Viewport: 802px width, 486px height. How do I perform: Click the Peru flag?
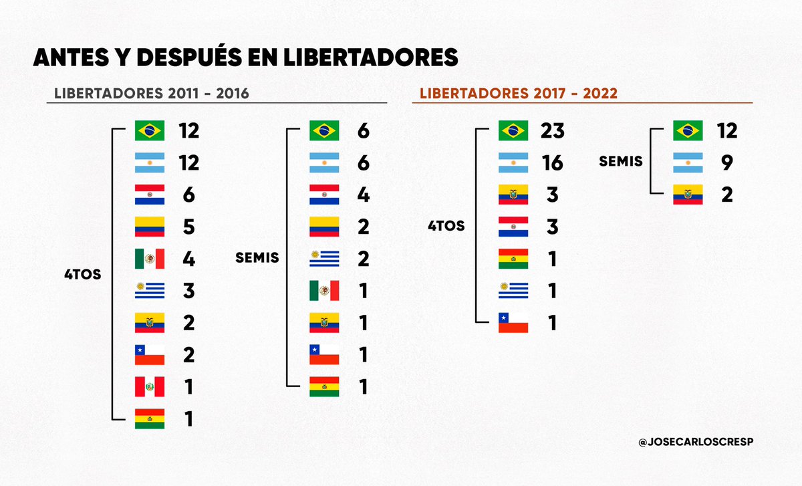pos(149,387)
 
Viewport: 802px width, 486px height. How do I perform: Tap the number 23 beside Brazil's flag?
pos(553,130)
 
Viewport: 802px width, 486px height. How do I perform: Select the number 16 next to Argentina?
pos(553,162)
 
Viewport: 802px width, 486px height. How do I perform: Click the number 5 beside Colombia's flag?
pos(188,227)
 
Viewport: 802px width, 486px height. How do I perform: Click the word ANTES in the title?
pos(73,58)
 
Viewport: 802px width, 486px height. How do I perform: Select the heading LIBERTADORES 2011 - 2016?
pos(147,93)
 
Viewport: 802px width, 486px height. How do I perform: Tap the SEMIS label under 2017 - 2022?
pos(620,161)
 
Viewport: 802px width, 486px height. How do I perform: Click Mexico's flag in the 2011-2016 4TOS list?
pos(149,259)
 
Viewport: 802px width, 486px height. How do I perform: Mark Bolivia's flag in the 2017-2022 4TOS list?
pos(513,259)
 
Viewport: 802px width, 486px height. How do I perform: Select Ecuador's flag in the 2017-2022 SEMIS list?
pos(687,195)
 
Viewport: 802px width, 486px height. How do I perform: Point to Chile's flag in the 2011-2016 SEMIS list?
pos(324,355)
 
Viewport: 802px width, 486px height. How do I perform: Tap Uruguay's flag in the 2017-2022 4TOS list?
pos(513,291)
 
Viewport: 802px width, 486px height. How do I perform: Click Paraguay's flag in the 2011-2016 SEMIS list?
pos(324,195)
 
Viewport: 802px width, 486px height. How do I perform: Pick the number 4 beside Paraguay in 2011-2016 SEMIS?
pos(364,195)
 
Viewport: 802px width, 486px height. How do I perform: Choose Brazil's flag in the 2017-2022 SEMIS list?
pos(687,130)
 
